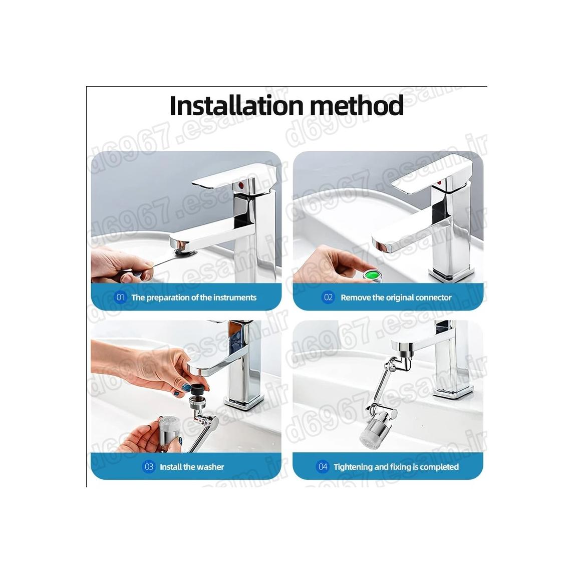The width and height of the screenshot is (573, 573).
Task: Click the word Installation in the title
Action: click(236, 105)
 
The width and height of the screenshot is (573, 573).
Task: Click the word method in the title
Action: click(357, 105)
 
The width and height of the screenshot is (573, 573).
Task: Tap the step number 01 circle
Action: click(120, 297)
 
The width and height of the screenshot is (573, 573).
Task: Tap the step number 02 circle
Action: click(328, 297)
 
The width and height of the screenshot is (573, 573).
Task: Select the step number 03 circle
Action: click(149, 466)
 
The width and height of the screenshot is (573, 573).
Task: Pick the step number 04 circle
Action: click(323, 466)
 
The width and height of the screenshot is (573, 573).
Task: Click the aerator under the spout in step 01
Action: click(181, 251)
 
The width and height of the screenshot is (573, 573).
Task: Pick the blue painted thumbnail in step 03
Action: click(187, 387)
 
